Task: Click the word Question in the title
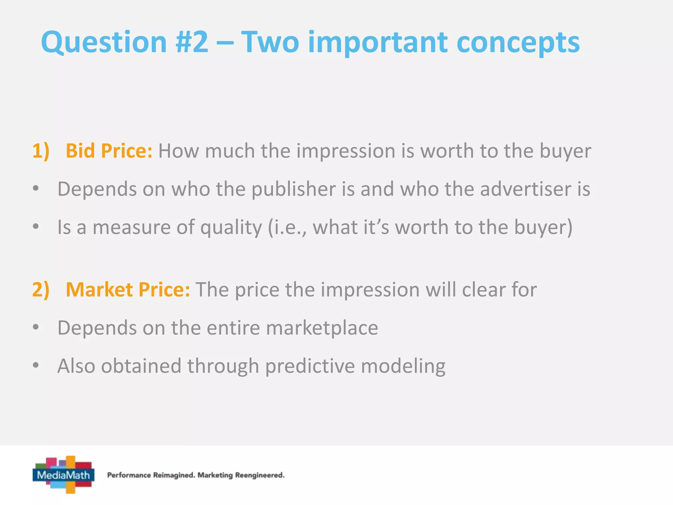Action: click(x=104, y=42)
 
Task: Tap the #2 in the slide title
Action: click(x=192, y=42)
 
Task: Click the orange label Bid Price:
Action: click(x=109, y=151)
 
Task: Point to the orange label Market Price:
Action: click(x=128, y=290)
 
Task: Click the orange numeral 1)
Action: click(x=41, y=151)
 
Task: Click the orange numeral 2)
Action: click(x=41, y=290)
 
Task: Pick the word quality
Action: click(x=231, y=228)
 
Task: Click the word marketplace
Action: click(x=322, y=328)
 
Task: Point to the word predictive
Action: click(x=310, y=366)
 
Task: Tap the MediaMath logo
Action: click(x=64, y=474)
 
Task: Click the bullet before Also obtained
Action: click(x=36, y=365)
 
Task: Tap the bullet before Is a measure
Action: click(x=36, y=227)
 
